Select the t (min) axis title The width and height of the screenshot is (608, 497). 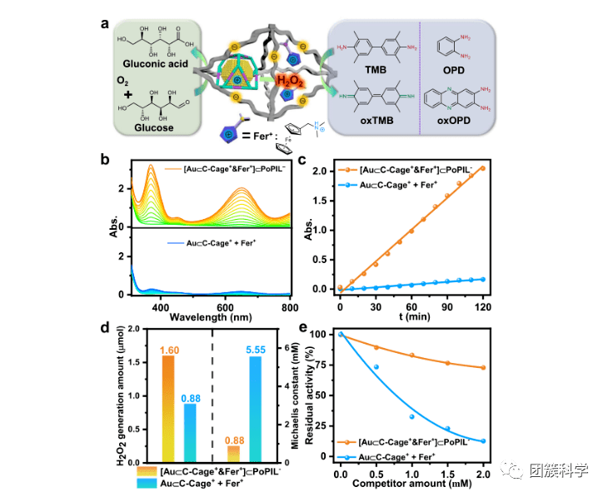(411, 317)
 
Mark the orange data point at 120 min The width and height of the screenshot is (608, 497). (481, 168)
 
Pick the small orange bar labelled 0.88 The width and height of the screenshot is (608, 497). (233, 453)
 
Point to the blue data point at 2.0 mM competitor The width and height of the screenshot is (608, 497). (482, 441)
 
